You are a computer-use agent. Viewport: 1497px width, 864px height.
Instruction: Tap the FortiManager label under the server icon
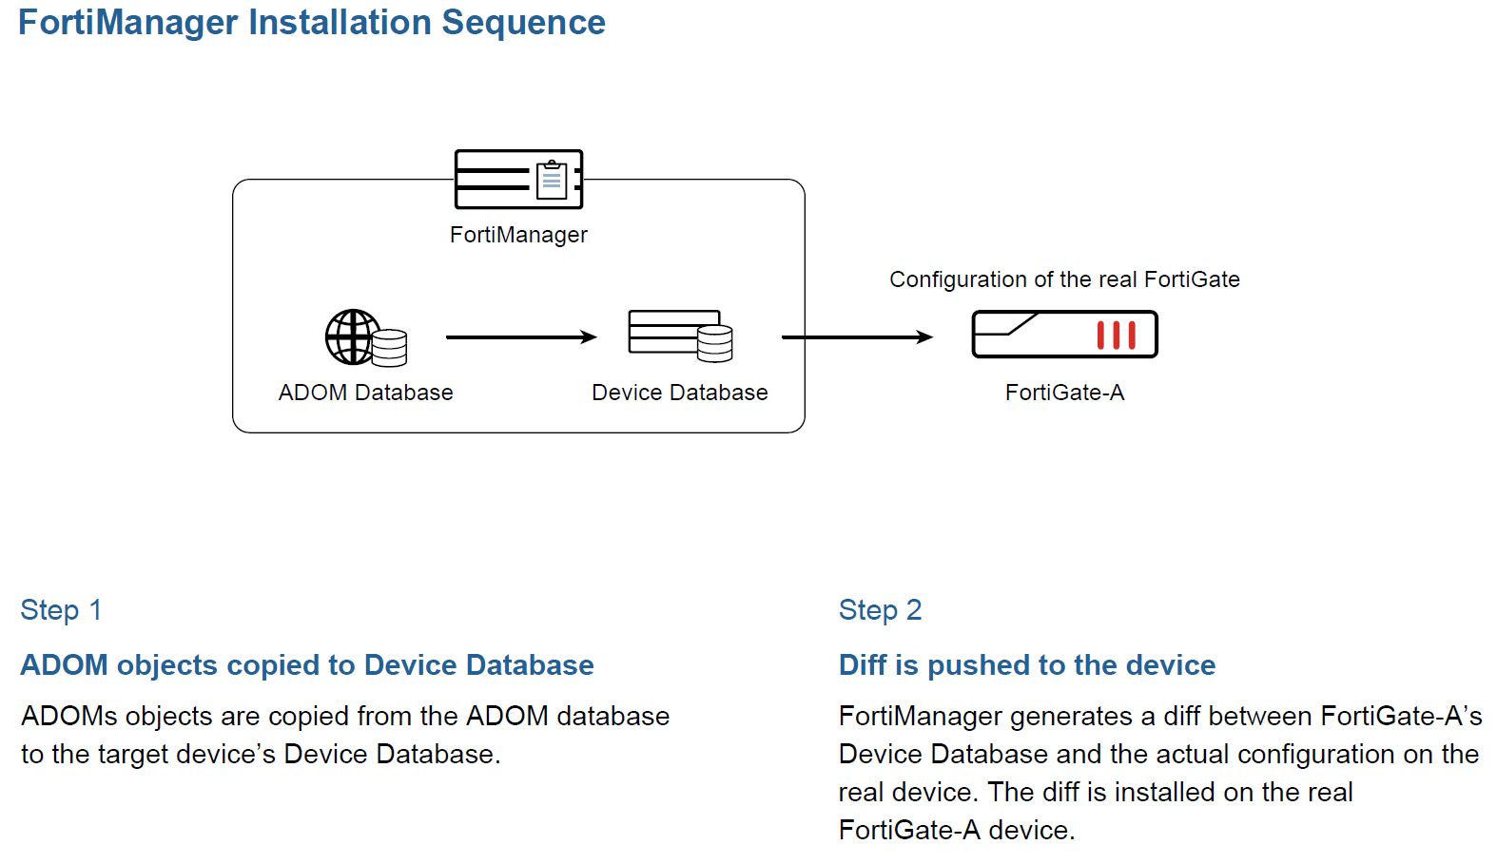(518, 235)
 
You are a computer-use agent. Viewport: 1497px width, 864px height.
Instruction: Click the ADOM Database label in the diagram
(365, 393)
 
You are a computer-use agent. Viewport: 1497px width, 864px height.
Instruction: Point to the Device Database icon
(679, 336)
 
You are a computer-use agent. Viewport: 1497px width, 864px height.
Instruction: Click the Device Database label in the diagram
(679, 393)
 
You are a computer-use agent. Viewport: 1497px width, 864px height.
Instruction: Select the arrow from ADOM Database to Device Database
(520, 337)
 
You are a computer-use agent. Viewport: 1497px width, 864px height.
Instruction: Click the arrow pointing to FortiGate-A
(856, 337)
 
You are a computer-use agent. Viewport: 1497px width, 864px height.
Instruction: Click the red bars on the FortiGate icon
(1116, 336)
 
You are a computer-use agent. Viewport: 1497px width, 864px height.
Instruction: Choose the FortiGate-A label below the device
(1064, 393)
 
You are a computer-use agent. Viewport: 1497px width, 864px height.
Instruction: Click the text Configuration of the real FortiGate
(1064, 279)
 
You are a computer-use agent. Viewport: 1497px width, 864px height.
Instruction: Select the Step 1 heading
(61, 610)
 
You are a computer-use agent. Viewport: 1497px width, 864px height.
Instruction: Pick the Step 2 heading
(880, 610)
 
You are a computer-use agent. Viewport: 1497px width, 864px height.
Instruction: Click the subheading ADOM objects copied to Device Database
(307, 665)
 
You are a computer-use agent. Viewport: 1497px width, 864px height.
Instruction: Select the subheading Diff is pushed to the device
(1026, 665)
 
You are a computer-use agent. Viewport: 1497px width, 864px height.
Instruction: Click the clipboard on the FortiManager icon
(552, 180)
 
